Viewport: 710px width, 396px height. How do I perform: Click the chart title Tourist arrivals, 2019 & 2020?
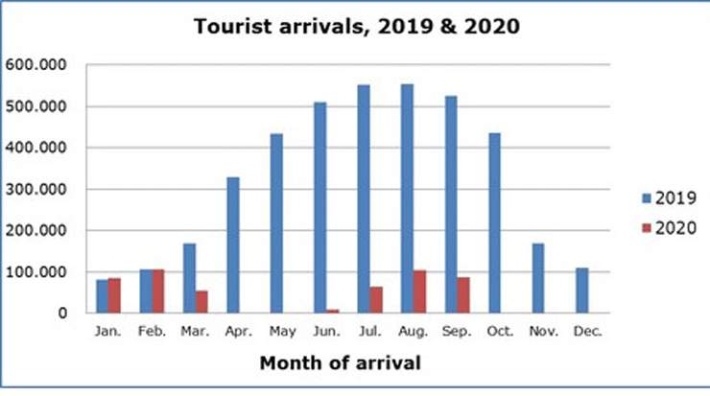(356, 27)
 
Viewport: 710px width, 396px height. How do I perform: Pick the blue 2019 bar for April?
(233, 245)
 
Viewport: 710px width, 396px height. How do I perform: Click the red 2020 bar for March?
(201, 301)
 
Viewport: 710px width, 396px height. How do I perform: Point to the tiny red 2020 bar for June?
(332, 311)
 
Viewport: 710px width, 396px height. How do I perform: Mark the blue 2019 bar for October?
(494, 222)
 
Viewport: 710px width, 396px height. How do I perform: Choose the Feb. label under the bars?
(152, 332)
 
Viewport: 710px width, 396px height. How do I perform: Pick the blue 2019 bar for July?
(363, 198)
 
